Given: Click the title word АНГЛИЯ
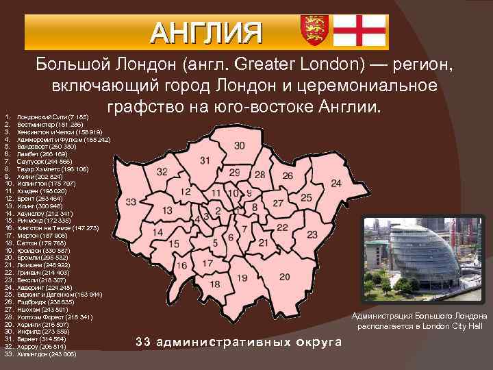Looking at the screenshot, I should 207,32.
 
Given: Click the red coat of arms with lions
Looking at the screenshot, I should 313,31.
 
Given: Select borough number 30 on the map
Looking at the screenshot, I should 239,146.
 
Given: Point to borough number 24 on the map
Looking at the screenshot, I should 336,184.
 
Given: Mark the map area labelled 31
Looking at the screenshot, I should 205,160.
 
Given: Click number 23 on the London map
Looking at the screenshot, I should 312,234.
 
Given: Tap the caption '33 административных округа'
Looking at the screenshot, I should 239,341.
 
